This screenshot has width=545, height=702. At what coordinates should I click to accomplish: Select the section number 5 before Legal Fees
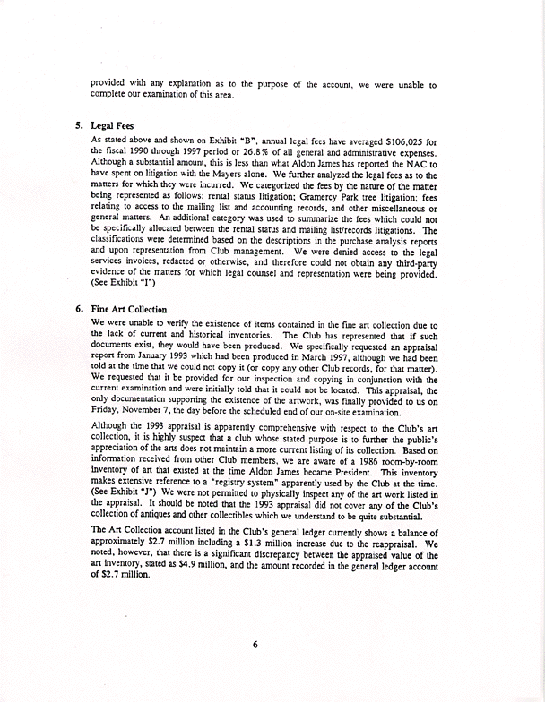click(x=80, y=126)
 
